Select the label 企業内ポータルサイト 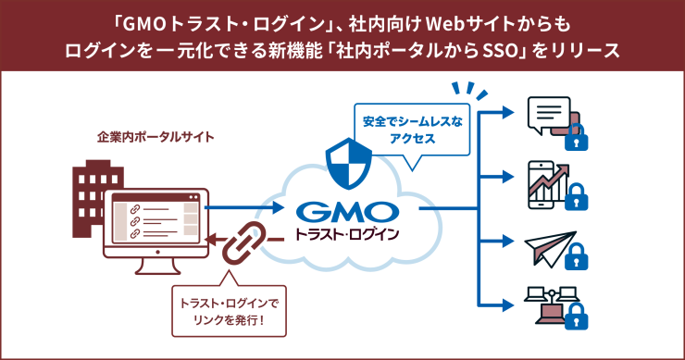(x=156, y=138)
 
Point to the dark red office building (x=93, y=190)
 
